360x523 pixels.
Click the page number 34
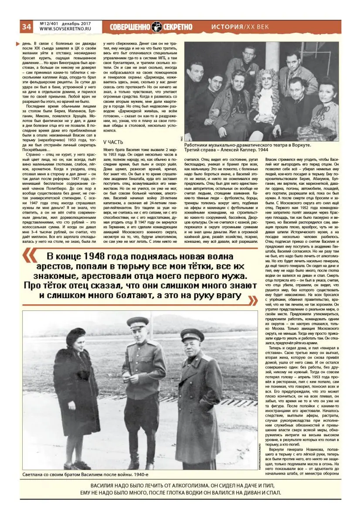pyautogui.click(x=26, y=27)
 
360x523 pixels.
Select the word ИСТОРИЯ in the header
pyautogui.click(x=227, y=27)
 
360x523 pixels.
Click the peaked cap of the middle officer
pyautogui.click(x=138, y=322)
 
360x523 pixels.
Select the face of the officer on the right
pyautogui.click(x=192, y=346)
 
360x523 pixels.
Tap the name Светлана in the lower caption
pyautogui.click(x=36, y=474)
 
